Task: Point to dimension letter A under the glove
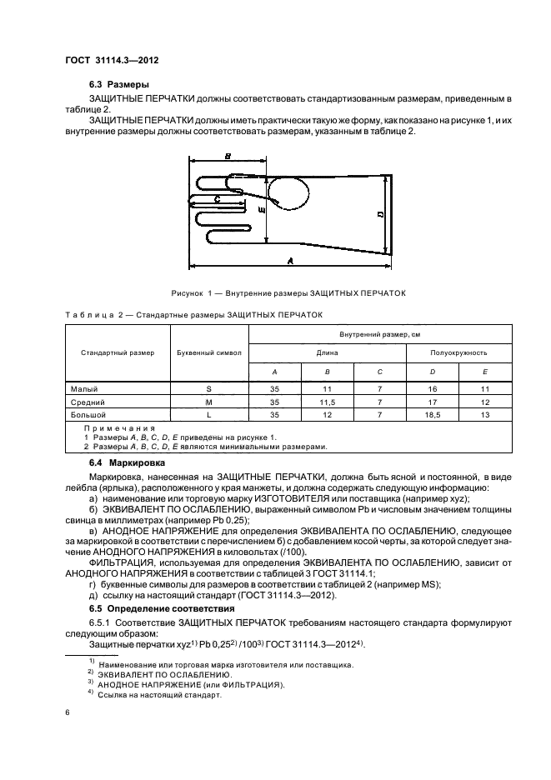tap(289, 260)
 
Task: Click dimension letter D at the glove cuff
tap(379, 214)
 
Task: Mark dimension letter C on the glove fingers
tap(217, 199)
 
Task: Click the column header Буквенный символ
tap(209, 352)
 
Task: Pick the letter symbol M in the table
tap(209, 402)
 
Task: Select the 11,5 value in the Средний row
tap(328, 402)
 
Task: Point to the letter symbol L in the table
tap(209, 414)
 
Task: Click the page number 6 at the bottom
tap(67, 712)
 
